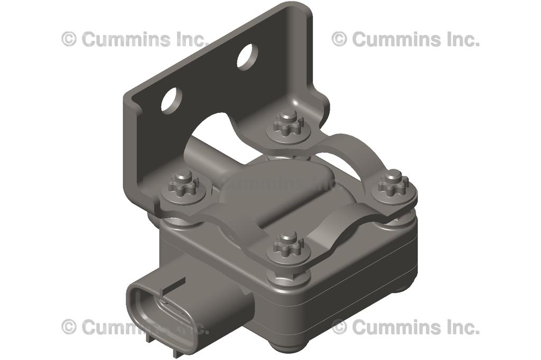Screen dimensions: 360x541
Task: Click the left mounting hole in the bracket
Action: [172, 100]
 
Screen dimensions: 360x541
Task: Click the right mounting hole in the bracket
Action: [247, 56]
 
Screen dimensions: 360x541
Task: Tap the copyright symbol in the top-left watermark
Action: [69, 39]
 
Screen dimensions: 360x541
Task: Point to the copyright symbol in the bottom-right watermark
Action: [340, 327]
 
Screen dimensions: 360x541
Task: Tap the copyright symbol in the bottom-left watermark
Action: [69, 327]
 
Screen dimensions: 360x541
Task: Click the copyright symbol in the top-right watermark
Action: [340, 39]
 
